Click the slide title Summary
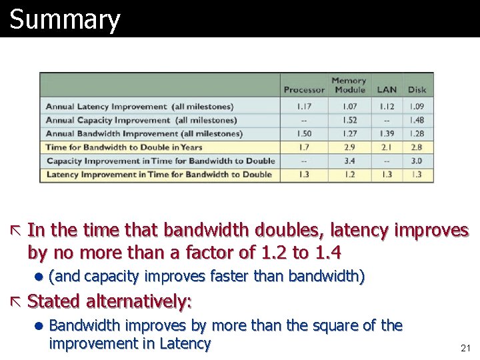pyautogui.click(x=65, y=19)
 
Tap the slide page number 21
pyautogui.click(x=465, y=348)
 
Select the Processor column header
pyautogui.click(x=304, y=90)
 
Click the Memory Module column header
pyautogui.click(x=349, y=85)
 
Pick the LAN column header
pyautogui.click(x=387, y=90)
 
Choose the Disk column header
pyautogui.click(x=417, y=90)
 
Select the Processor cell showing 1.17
pyautogui.click(x=304, y=107)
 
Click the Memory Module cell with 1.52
pyautogui.click(x=349, y=120)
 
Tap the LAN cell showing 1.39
pyautogui.click(x=387, y=133)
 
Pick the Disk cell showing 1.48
pyautogui.click(x=417, y=120)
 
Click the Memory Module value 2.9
pyautogui.click(x=349, y=147)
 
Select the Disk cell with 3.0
pyautogui.click(x=417, y=161)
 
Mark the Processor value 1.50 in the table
pyautogui.click(x=304, y=133)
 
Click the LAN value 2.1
pyautogui.click(x=387, y=147)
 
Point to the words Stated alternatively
pyautogui.click(x=109, y=301)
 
